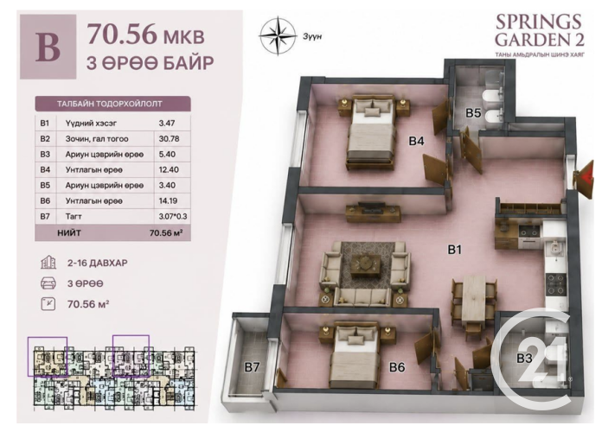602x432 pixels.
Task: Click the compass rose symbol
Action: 278,35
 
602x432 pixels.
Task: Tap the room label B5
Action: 473,113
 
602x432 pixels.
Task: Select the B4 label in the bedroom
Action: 416,141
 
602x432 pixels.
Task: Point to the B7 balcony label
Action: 252,367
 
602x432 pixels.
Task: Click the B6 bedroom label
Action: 397,367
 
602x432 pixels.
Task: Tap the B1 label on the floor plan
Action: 454,250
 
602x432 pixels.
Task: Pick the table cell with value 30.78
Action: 169,139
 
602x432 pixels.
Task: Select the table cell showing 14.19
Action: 169,200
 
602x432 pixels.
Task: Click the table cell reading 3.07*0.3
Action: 173,216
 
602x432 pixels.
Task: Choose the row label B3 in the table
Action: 45,155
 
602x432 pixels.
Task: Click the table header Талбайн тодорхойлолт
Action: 110,104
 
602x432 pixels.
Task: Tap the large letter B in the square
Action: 48,48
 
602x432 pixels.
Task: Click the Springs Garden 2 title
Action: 539,31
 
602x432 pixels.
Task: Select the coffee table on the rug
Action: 365,264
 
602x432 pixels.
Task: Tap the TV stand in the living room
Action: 373,213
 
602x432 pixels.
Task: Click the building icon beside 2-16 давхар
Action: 48,264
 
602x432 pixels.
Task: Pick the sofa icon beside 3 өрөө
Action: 48,284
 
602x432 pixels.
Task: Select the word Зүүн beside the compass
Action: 312,37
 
